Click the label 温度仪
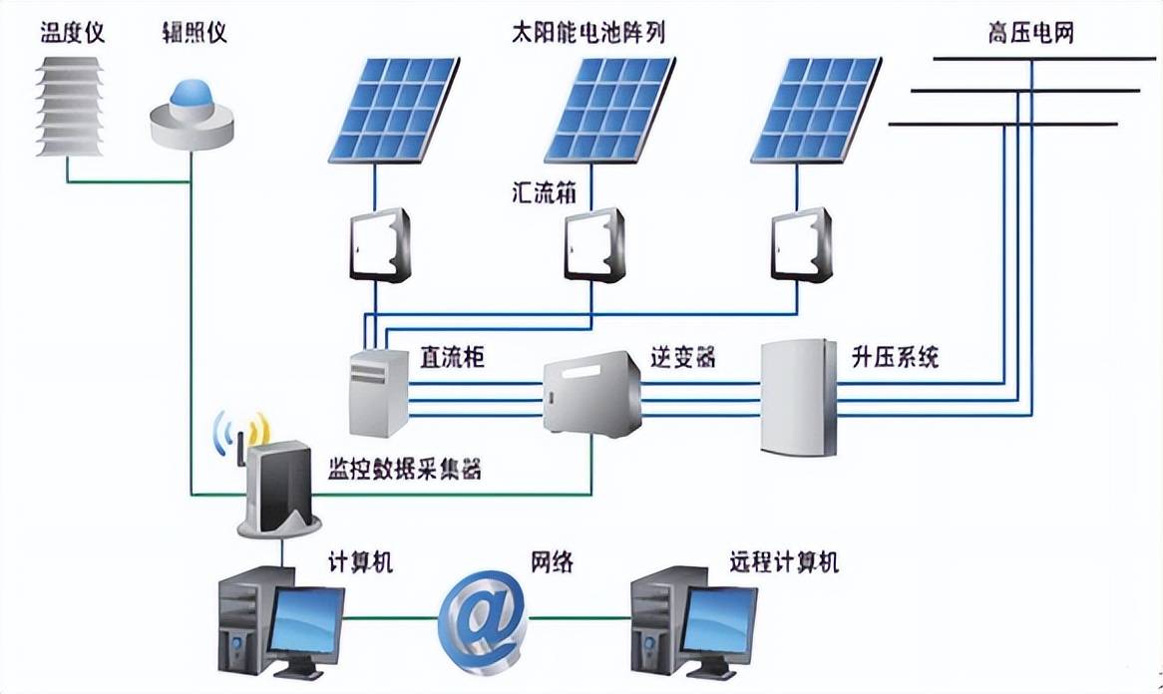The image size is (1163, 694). (72, 34)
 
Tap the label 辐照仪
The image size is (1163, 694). (194, 34)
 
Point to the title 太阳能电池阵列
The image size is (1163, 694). (586, 34)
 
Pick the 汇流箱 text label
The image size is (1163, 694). (537, 191)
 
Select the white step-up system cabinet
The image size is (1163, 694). (797, 398)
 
